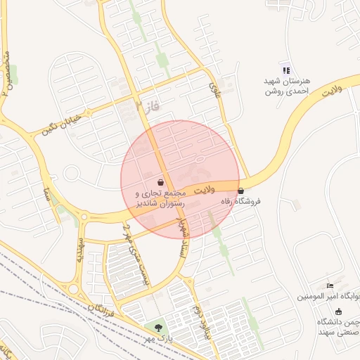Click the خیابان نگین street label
pyautogui.click(x=62, y=122)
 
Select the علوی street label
pyautogui.click(x=214, y=89)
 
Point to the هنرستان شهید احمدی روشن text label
pyautogui.click(x=287, y=86)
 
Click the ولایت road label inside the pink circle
pyautogui.click(x=205, y=190)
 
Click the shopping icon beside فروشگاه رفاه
pyautogui.click(x=241, y=191)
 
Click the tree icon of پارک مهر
pyautogui.click(x=158, y=327)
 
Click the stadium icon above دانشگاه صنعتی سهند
pyautogui.click(x=339, y=311)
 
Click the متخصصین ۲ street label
pyautogui.click(x=8, y=71)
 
